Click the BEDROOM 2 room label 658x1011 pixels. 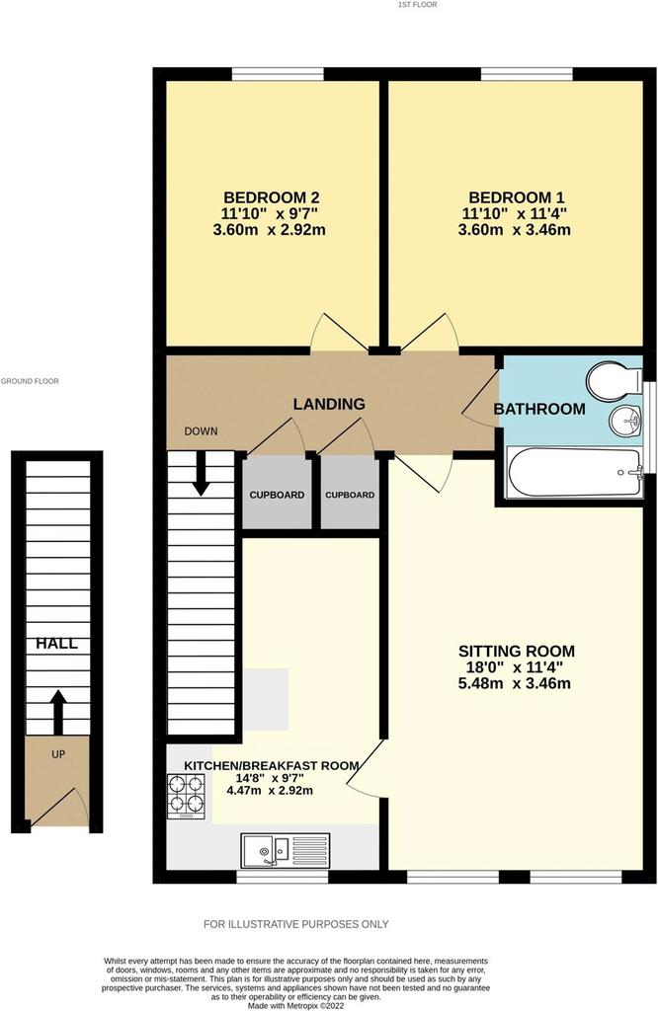[x=272, y=197]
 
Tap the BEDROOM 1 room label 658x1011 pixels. [x=517, y=197]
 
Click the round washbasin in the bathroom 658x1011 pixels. [x=625, y=421]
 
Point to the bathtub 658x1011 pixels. [x=575, y=473]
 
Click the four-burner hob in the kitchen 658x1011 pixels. [x=187, y=797]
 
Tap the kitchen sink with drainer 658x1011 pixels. [x=286, y=850]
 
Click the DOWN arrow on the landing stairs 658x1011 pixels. [x=202, y=473]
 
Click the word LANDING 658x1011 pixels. [x=329, y=404]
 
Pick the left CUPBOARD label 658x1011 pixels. [x=278, y=496]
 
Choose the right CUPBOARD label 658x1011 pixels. [x=350, y=496]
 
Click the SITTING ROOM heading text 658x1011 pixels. [x=516, y=652]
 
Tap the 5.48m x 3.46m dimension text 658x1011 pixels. [x=514, y=683]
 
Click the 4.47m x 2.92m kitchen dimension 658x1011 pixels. [x=271, y=791]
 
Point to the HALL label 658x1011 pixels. [x=56, y=644]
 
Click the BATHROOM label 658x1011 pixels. [x=539, y=409]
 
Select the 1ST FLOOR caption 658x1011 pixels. [x=417, y=5]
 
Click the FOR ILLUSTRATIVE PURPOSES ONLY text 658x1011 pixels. [x=296, y=924]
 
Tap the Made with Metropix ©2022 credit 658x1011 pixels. [x=296, y=1005]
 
